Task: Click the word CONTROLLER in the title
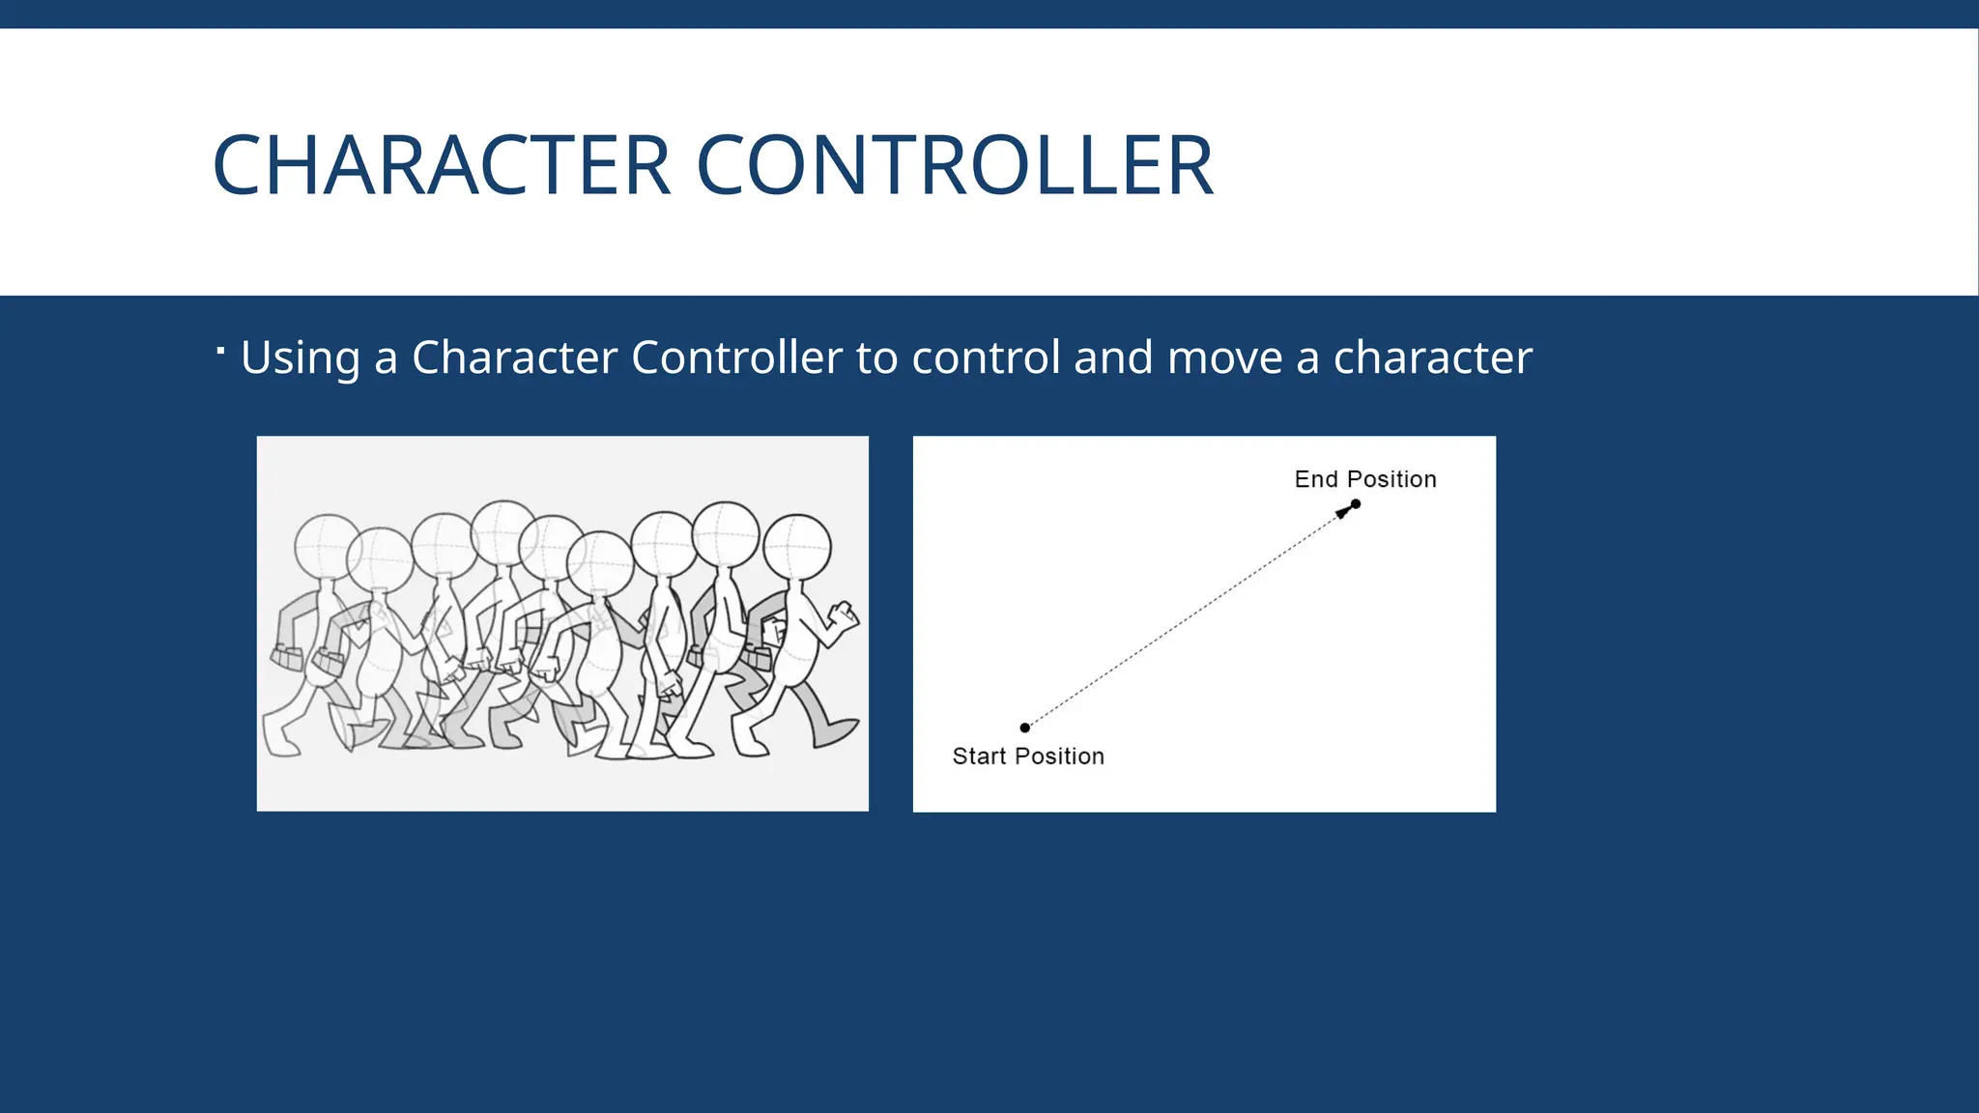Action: (x=954, y=165)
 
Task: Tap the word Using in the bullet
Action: (x=300, y=357)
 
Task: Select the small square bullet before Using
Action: (x=221, y=350)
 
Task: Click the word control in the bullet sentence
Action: (x=985, y=357)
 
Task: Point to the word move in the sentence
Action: (x=1224, y=357)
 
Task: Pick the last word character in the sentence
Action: (x=1432, y=357)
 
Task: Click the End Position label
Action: (x=1364, y=479)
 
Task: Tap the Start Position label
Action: (x=1028, y=756)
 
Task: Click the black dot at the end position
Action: (x=1356, y=503)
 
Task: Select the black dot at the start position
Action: (x=1025, y=728)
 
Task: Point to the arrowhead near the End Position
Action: (x=1342, y=512)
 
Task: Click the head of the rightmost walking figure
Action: (x=797, y=546)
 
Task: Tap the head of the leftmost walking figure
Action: (x=327, y=546)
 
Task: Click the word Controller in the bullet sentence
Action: (x=736, y=357)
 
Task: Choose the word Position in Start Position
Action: (x=1059, y=756)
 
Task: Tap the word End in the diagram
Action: (x=1316, y=479)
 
